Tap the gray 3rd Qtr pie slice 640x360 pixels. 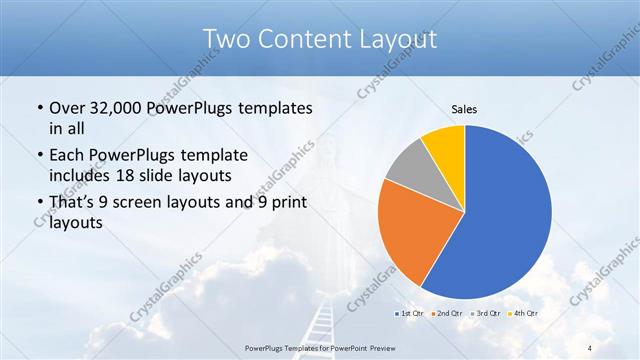pos(408,166)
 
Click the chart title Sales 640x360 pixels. pos(464,108)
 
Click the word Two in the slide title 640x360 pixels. pos(228,40)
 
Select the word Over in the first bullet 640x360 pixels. pos(66,108)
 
